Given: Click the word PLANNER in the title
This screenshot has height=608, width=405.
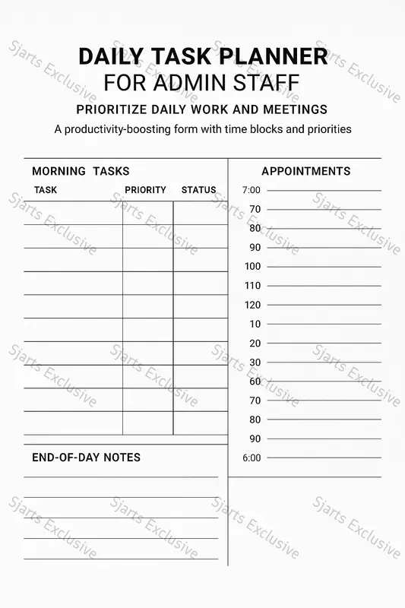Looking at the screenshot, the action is tap(276, 56).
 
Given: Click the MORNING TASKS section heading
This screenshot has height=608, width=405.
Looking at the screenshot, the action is tap(81, 171).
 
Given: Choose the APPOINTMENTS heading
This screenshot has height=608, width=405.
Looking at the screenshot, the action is tap(305, 171).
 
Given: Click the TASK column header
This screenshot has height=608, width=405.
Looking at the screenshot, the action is tap(46, 190).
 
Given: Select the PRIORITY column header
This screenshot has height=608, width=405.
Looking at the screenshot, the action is tap(145, 190).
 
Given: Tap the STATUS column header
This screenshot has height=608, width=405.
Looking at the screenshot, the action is tap(198, 190).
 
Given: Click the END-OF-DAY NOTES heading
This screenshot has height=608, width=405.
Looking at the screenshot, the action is tap(86, 458).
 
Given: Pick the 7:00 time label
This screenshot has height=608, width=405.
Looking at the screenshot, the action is tap(251, 190).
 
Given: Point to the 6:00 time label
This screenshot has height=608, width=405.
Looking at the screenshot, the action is tap(251, 458).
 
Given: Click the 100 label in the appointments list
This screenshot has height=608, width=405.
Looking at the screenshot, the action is tap(252, 266).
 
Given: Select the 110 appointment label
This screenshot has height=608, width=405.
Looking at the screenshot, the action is tap(252, 286).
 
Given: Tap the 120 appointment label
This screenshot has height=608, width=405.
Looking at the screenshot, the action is tap(252, 305).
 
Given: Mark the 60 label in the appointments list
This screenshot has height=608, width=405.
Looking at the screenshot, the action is tap(255, 382).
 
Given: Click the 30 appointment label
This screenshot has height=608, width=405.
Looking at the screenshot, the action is tap(255, 363).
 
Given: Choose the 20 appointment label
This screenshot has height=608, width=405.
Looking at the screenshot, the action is tap(255, 344).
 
